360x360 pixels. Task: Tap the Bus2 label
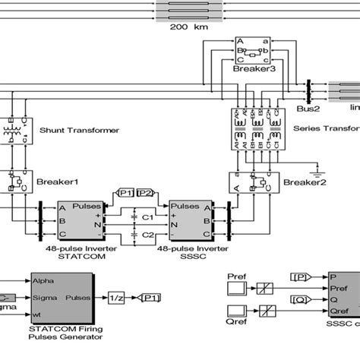coord(308,109)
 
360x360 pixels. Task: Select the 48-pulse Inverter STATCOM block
coord(82,219)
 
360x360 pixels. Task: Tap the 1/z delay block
coord(117,297)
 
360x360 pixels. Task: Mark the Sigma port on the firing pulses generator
coord(44,296)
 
